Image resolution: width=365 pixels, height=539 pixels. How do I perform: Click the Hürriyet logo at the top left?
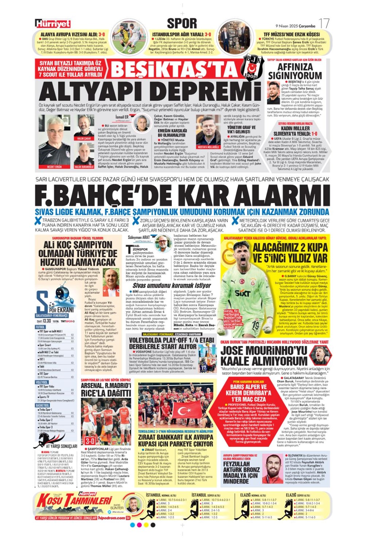[53, 24]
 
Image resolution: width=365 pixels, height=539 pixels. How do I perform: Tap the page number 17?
[323, 24]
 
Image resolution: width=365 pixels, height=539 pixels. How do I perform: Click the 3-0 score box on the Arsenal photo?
[90, 441]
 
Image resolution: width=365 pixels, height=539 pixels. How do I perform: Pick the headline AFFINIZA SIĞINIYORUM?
[295, 71]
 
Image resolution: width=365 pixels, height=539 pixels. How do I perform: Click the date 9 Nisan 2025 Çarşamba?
[295, 26]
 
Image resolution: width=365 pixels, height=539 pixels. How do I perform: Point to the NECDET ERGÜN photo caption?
[55, 167]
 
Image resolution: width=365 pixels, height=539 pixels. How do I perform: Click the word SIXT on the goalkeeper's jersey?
[242, 293]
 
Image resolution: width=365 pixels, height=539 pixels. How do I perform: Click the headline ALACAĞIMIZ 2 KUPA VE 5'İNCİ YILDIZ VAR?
[290, 253]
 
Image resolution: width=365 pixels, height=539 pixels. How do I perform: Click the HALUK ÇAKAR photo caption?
[84, 139]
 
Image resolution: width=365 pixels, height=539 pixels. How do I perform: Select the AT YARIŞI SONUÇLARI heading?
[61, 446]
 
